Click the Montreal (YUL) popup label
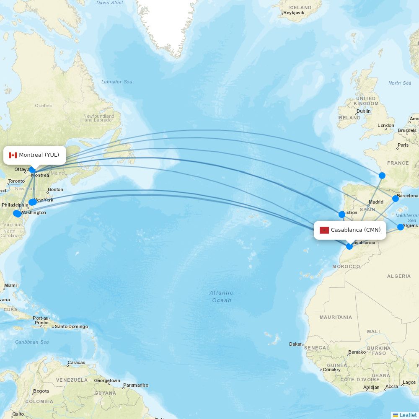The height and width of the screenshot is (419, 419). point(35,155)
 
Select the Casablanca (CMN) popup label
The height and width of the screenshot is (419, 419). point(350,230)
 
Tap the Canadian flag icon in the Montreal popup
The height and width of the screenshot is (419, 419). point(13,155)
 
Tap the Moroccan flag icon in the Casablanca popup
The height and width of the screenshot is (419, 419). point(324,230)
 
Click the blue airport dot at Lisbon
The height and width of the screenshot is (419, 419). point(342,215)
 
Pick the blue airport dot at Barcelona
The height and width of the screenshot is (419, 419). point(395,199)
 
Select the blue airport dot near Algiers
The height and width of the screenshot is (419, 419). point(401,227)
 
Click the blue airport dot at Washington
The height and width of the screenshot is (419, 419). point(17,213)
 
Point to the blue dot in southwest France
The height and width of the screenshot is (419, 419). point(382,176)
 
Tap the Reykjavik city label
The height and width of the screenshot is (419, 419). point(294,13)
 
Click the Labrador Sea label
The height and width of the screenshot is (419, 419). point(116,82)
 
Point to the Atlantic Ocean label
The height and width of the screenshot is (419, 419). point(221,296)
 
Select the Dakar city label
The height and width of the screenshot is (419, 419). point(295,344)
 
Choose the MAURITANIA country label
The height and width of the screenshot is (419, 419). point(336,317)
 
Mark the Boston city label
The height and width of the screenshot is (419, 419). point(55,189)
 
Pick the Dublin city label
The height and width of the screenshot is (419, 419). point(363,111)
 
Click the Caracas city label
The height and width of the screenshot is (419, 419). point(76,362)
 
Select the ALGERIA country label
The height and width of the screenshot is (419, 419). point(399,276)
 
